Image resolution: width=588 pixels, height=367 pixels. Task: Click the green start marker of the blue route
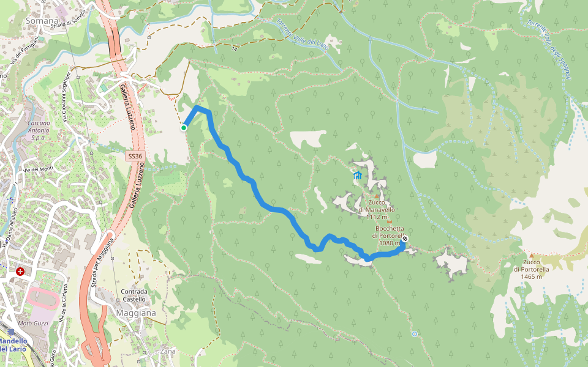coord(183,128)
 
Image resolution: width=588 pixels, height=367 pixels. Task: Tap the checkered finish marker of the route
coord(405,239)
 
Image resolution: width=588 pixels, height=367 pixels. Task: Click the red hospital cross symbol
coord(21,271)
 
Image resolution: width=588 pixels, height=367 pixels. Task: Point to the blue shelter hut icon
coord(357,176)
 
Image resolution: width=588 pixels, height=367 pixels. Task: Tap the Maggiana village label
coord(135,313)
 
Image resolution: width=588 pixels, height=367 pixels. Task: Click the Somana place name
coord(42,20)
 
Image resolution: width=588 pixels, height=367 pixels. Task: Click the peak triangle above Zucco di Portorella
coord(532,256)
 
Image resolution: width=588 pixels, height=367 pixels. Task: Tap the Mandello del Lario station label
coord(12,344)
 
